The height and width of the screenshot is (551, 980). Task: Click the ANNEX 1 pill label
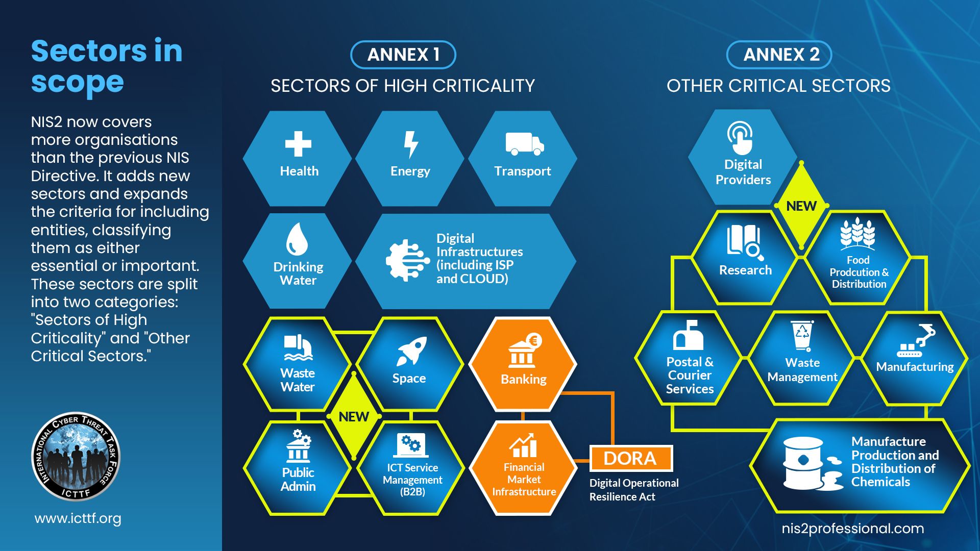pos(403,55)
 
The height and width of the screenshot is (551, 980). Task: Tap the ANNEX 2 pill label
pos(779,55)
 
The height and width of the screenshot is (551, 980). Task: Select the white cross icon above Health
pos(298,144)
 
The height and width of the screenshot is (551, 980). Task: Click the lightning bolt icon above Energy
pos(411,145)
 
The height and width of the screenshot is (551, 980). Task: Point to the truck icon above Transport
pos(525,143)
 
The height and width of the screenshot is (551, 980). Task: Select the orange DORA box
pos(631,458)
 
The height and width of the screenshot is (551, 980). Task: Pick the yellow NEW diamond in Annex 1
pos(354,416)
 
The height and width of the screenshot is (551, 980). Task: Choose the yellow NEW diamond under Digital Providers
pos(801,206)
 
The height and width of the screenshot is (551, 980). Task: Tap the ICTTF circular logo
pos(76,457)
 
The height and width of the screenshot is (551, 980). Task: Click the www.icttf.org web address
pos(78,518)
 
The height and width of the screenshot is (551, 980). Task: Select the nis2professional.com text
pos(853,529)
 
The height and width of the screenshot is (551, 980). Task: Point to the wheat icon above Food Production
pos(857,234)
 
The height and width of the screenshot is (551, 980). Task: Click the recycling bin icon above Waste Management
pos(802,336)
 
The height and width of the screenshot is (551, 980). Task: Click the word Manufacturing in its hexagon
pos(915,367)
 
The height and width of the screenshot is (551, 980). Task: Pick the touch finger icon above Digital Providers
pos(740,138)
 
